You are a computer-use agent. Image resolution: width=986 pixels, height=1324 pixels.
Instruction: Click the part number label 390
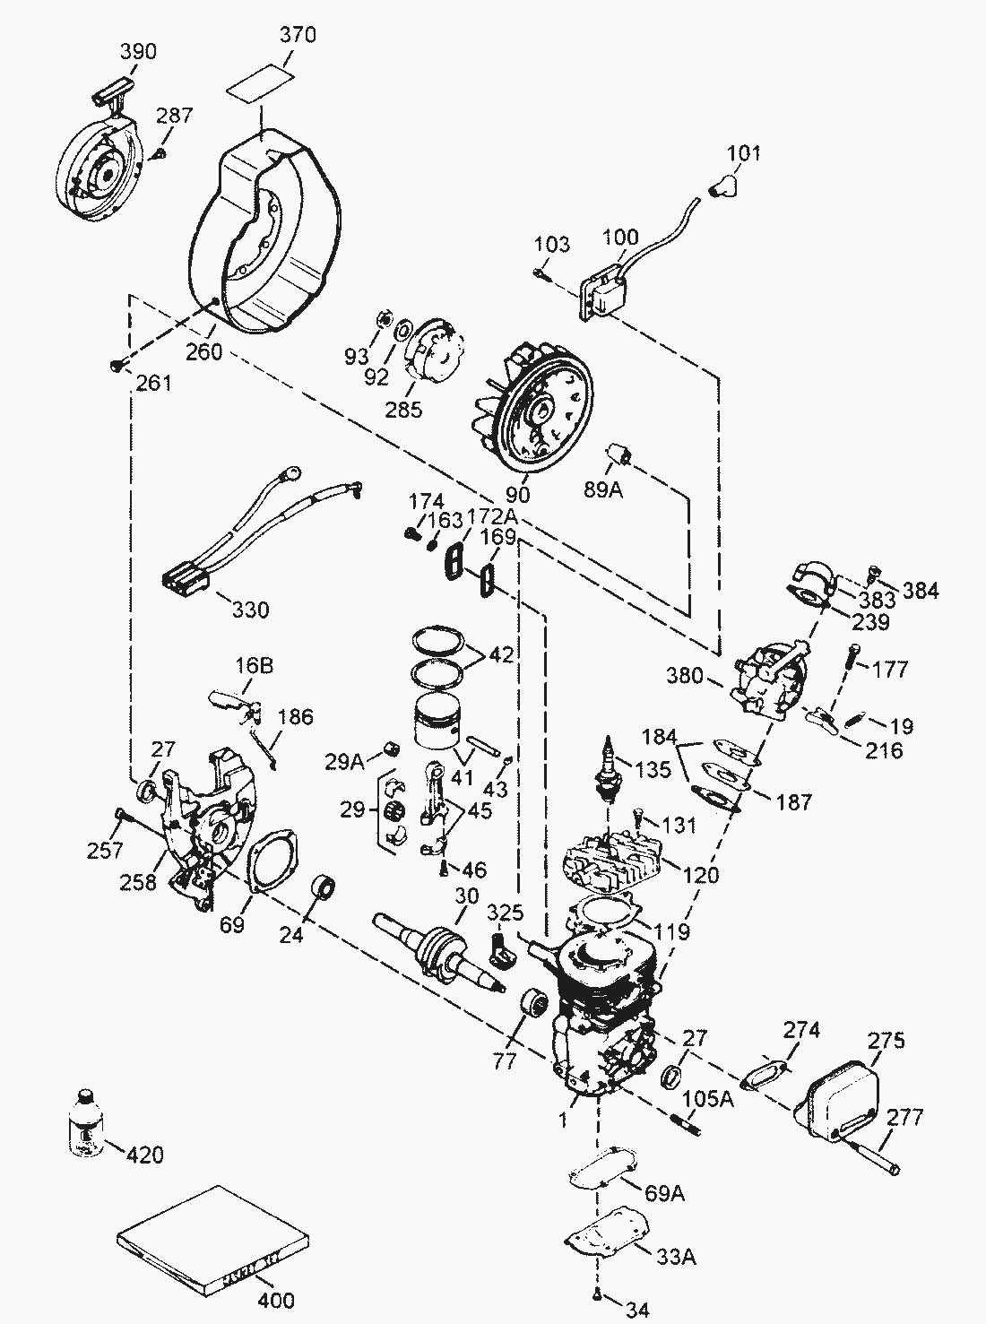pos(138,51)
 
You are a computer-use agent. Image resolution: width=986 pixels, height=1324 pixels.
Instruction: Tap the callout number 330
pos(251,610)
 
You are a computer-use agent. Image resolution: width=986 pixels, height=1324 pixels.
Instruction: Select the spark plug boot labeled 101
pos(722,186)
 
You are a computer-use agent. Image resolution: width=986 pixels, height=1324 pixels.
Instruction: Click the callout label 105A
pos(708,1098)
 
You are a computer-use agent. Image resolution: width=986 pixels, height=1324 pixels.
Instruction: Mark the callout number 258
pos(138,882)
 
